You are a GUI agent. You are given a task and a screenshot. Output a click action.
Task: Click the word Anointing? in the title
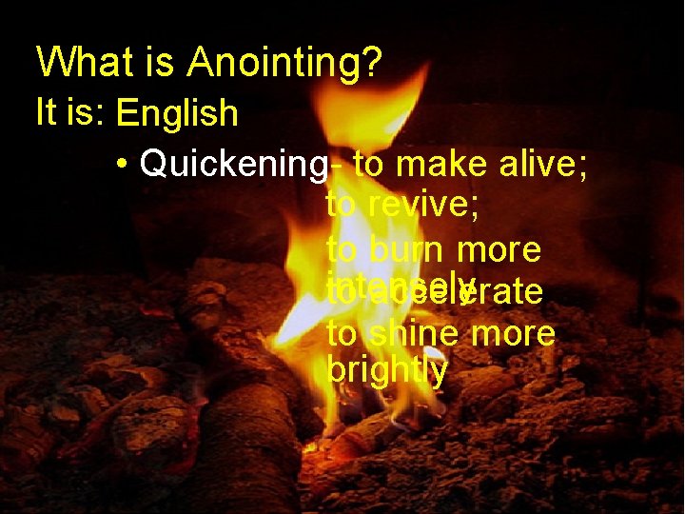coord(284,63)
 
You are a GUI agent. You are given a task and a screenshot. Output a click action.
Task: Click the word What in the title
coord(82,63)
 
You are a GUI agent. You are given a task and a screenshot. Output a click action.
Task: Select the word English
coord(176,113)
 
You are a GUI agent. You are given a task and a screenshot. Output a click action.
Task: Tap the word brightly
coord(386,370)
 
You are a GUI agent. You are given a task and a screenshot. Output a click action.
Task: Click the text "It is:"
coord(68,112)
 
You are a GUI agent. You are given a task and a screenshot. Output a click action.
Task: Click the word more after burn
coord(499,249)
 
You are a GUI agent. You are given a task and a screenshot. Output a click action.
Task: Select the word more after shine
coord(513,334)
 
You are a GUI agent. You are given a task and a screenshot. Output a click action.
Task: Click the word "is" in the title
coord(157,63)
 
